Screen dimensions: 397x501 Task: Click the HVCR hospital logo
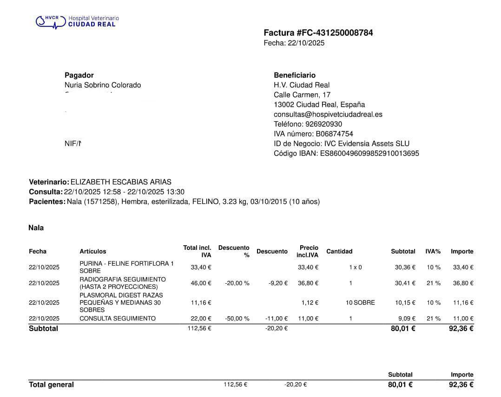[77, 21]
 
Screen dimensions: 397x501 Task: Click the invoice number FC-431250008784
[335, 33]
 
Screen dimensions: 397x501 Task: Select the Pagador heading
[79, 75]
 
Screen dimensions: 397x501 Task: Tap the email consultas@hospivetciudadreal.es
[328, 114]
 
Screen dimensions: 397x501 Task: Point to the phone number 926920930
[323, 124]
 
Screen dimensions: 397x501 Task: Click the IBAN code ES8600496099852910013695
[369, 153]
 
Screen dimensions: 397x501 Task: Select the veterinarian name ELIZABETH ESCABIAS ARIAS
[121, 182]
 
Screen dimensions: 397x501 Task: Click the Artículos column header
[93, 251]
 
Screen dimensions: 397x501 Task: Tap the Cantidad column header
[339, 251]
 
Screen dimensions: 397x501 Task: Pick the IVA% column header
[433, 251]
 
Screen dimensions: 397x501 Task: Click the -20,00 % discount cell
[237, 283]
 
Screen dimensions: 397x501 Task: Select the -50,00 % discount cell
[237, 319]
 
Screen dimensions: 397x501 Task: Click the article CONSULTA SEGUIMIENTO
[118, 319]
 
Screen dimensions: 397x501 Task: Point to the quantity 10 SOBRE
[360, 303]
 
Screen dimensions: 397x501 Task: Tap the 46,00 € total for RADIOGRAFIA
[201, 283]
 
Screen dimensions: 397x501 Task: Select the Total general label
[51, 384]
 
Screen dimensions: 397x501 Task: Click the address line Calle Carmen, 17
[302, 95]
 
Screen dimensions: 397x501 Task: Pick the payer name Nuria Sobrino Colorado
[103, 85]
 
